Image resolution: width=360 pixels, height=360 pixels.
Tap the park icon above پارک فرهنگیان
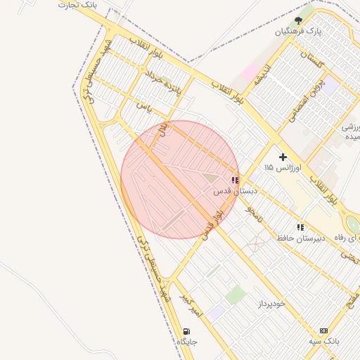(x=298, y=20)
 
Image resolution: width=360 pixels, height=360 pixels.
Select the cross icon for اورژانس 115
(x=283, y=157)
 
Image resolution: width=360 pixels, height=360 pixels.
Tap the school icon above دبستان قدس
(x=234, y=180)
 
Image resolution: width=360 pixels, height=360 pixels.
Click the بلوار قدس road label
(x=213, y=224)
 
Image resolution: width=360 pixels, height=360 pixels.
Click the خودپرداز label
(x=270, y=304)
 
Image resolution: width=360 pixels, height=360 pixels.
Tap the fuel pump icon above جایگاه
(x=186, y=331)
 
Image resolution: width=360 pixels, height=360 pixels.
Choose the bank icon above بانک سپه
(x=323, y=330)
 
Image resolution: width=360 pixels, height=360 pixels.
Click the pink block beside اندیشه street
(x=250, y=71)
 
